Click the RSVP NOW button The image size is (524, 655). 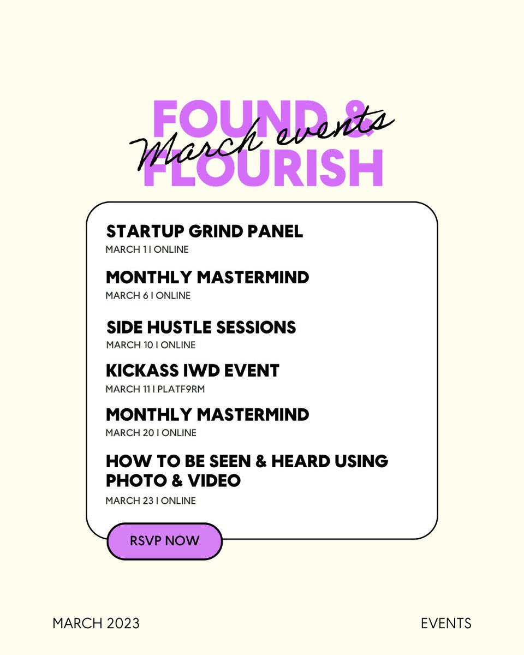tap(164, 541)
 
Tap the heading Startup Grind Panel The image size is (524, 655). tap(204, 231)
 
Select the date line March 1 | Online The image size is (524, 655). tap(147, 249)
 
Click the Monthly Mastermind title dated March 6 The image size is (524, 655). tap(207, 277)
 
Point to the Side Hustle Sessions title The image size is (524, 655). tap(201, 327)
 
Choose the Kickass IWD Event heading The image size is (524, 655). tap(192, 371)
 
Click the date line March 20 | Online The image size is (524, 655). tap(151, 433)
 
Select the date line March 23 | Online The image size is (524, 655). tap(151, 501)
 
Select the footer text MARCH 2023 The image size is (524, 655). tap(96, 623)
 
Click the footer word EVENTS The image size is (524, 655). tap(446, 623)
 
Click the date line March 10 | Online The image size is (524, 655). tap(151, 345)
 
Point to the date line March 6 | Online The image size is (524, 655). tap(148, 295)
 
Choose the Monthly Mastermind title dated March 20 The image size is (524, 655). tap(207, 415)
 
